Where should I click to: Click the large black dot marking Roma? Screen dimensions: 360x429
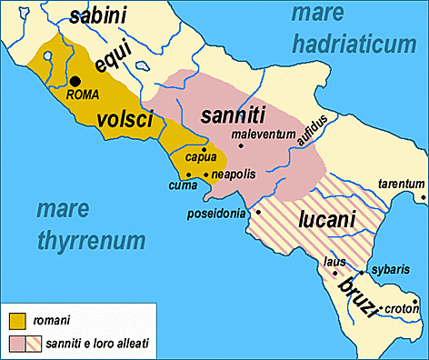click(x=75, y=81)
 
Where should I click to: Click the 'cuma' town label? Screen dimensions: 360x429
click(x=183, y=185)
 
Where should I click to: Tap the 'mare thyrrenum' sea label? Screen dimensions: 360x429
click(x=90, y=225)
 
